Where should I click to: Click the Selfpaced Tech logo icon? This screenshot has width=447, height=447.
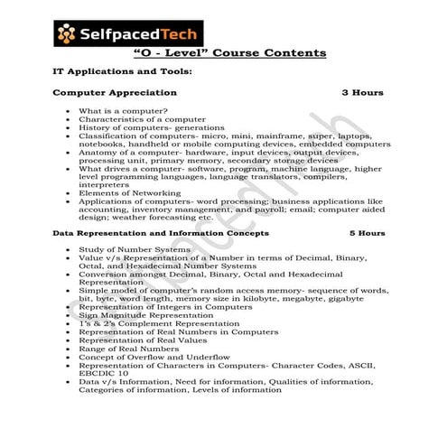pos(67,34)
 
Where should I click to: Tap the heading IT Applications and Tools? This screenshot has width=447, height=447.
pos(122,71)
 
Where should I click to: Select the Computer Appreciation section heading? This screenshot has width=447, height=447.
pos(115,93)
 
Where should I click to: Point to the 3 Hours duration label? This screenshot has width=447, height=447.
pos(362,93)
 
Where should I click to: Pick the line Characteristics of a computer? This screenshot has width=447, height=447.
pos(142,119)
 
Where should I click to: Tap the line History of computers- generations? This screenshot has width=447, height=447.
pos(151,127)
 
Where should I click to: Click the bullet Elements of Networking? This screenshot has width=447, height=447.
pos(130,193)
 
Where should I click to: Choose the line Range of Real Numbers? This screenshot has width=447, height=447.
pos(130,348)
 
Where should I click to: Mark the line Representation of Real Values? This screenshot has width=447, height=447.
pos(150,340)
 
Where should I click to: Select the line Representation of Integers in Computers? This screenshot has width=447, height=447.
pos(165,307)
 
